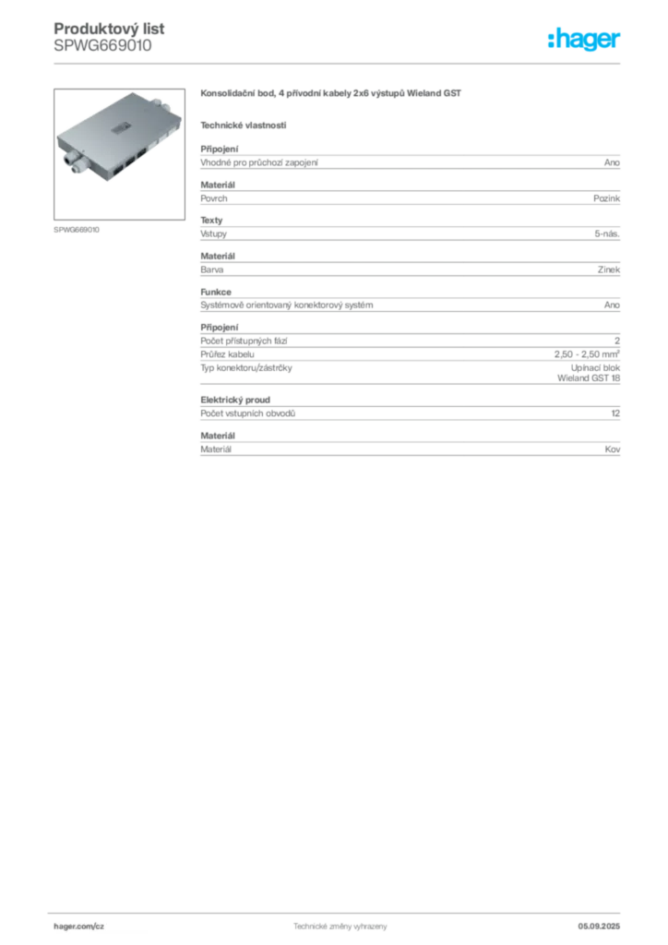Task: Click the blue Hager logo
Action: click(x=585, y=40)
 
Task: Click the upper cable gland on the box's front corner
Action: click(x=68, y=159)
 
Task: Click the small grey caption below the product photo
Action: click(x=78, y=228)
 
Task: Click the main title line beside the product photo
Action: click(x=332, y=95)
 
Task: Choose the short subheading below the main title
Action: click(x=244, y=125)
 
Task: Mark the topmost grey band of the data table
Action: click(x=410, y=162)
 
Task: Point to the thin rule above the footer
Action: click(x=340, y=910)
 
